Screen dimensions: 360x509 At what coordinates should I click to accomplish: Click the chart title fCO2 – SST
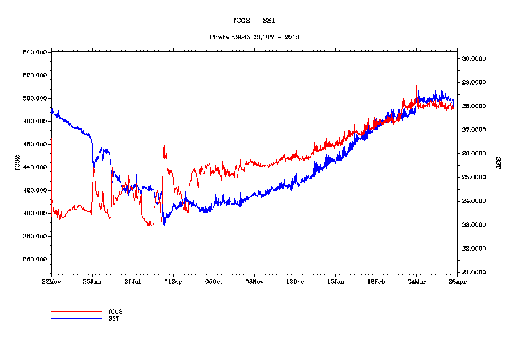point(254,21)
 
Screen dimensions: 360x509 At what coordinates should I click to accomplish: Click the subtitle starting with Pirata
point(254,37)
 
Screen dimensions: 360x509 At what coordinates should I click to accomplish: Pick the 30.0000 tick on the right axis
point(474,58)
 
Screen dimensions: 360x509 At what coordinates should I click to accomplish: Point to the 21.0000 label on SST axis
point(474,272)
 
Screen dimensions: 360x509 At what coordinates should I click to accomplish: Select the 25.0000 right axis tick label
point(474,177)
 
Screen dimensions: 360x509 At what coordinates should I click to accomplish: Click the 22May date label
point(51,282)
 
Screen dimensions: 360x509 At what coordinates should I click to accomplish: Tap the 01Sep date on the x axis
point(173,282)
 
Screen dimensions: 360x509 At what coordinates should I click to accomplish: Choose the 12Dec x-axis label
point(295,282)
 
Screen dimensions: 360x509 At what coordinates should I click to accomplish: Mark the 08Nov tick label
point(254,282)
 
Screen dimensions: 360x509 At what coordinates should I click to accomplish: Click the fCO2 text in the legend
point(115,311)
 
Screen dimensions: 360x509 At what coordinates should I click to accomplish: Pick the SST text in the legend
point(114,318)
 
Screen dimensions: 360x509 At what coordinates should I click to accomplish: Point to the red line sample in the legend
point(76,311)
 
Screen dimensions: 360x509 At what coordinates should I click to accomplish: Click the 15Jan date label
point(335,282)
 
